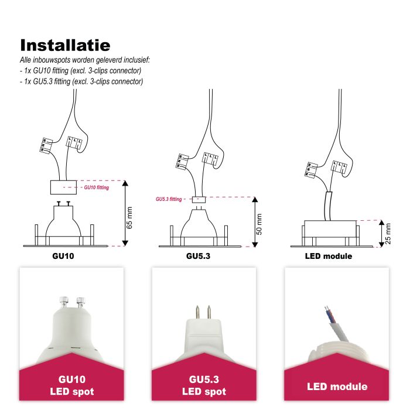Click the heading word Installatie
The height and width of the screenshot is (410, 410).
click(65, 45)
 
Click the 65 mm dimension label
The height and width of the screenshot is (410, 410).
click(129, 217)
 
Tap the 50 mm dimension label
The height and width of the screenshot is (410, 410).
click(259, 224)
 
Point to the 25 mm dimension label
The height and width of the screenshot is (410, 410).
click(388, 234)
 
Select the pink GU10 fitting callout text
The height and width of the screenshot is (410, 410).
click(97, 187)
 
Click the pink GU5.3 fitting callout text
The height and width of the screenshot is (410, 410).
click(169, 199)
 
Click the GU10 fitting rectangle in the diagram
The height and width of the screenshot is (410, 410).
click(63, 187)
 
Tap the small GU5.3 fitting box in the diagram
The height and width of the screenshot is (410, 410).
click(199, 200)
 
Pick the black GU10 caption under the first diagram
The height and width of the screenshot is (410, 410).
click(63, 256)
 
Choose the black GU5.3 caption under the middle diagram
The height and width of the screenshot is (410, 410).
click(198, 256)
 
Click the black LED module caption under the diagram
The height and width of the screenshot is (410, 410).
click(329, 256)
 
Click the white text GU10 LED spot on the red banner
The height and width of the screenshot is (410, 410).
click(72, 385)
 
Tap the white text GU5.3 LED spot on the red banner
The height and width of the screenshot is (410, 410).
click(204, 385)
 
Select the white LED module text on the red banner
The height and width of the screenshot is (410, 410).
click(337, 387)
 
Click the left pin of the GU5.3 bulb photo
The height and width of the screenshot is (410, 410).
click(198, 312)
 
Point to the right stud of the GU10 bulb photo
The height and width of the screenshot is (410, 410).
click(81, 303)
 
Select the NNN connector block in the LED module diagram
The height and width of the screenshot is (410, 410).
click(311, 170)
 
